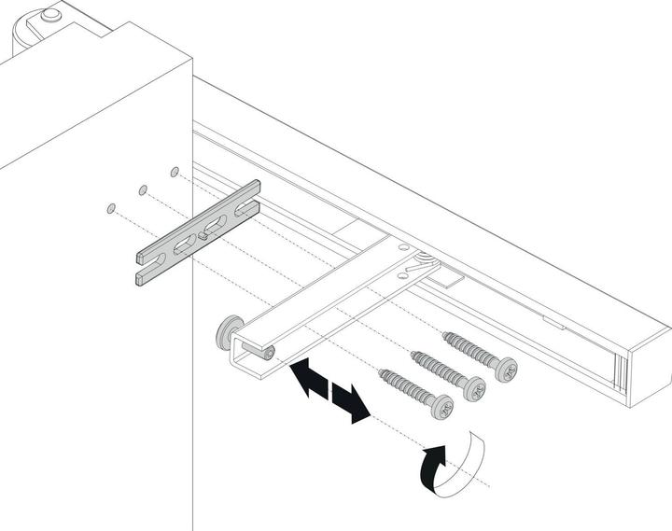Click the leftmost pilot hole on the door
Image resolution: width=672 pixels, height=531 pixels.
(x=111, y=207)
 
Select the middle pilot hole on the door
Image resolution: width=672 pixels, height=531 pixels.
(x=143, y=189)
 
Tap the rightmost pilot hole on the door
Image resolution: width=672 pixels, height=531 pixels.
(x=175, y=172)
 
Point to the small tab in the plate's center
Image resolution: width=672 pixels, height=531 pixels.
(x=203, y=236)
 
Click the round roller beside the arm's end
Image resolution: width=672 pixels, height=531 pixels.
(x=227, y=334)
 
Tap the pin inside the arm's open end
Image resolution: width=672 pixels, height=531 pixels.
(x=268, y=352)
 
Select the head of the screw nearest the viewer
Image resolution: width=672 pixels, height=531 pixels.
(x=441, y=408)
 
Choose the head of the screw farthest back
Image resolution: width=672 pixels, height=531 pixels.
(x=506, y=369)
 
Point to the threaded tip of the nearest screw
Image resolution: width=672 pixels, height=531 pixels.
(x=382, y=372)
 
